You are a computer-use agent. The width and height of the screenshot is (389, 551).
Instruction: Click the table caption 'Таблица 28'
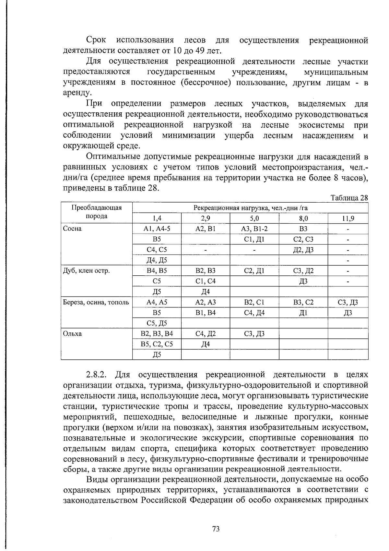[x=349, y=198]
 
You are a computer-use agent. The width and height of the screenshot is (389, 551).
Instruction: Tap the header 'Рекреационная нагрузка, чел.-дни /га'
[x=250, y=208]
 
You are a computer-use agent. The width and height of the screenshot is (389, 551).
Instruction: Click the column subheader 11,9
[x=348, y=219]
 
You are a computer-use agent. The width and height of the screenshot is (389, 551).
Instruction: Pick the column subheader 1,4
[x=157, y=219]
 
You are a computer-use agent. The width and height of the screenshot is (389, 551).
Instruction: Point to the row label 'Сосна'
[x=72, y=229]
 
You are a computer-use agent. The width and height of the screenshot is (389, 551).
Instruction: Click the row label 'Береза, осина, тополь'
[x=96, y=302]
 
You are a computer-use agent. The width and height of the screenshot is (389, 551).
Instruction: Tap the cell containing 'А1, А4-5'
[x=157, y=229]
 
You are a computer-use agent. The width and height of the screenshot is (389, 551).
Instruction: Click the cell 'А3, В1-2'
[x=254, y=229]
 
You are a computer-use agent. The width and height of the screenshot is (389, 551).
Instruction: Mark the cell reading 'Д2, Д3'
[x=303, y=250]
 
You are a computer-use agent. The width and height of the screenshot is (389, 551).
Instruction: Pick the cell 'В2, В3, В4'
[x=157, y=333]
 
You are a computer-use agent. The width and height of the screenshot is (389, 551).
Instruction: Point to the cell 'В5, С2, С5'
[x=157, y=344]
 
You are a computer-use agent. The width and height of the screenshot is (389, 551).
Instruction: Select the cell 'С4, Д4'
[x=254, y=313]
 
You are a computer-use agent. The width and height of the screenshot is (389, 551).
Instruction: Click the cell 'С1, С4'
[x=206, y=281]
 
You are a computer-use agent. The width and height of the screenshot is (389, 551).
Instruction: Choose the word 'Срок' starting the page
[x=96, y=40]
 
